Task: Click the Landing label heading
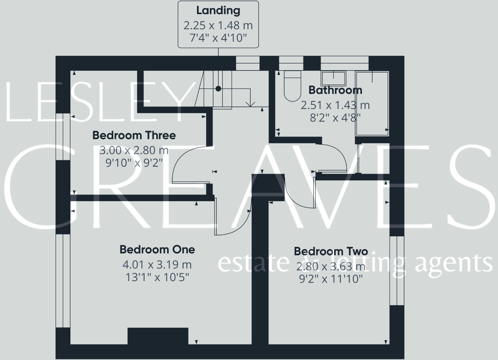[218, 11]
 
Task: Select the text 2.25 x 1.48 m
[218, 26]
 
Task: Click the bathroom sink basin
[334, 78]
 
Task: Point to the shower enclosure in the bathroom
[372, 103]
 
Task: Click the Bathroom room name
[335, 90]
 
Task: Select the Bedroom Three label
[134, 135]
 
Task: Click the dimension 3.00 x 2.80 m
[134, 150]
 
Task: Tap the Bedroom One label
[157, 249]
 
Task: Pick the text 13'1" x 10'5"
[157, 278]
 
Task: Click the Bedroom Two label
[331, 251]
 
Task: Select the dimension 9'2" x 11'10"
[331, 279]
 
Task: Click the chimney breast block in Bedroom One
[158, 336]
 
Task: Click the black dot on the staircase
[218, 89]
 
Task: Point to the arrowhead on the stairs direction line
[250, 104]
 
